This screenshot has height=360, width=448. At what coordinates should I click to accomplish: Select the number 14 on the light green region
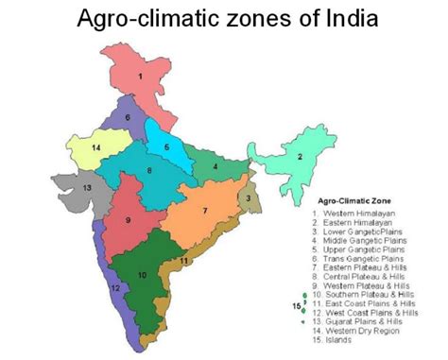tap(95, 148)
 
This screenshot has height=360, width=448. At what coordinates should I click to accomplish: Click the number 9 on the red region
tap(129, 219)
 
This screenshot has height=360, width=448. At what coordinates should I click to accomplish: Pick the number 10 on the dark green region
tap(142, 275)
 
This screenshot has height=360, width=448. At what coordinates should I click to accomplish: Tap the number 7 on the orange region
tap(205, 211)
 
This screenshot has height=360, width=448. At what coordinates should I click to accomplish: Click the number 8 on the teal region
tap(149, 170)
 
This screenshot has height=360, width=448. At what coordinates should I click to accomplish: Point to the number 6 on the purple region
tap(127, 117)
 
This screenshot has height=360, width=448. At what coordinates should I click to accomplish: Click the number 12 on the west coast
tap(114, 287)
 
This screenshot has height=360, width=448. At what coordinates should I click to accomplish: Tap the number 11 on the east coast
tap(185, 261)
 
